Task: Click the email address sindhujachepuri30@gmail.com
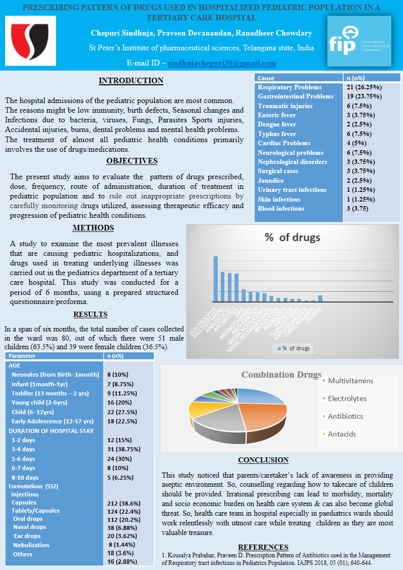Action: point(222,63)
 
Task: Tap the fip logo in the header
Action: point(359,41)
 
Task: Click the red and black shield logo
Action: point(30,41)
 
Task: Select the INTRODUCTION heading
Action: point(131,81)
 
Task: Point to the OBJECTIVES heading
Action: point(131,161)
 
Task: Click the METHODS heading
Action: point(93,228)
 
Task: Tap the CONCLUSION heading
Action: point(263,460)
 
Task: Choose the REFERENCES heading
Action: point(263,547)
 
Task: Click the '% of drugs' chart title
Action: point(292,237)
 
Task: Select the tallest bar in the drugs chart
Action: point(215,279)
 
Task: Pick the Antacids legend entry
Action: point(342,434)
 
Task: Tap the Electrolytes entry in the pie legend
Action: point(347,398)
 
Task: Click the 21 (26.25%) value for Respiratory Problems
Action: point(364,87)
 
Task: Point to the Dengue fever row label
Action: point(277,124)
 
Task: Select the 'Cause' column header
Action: point(266,78)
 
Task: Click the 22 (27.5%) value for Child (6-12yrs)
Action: point(122,412)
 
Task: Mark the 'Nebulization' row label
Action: point(31,545)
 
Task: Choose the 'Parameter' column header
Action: point(22,356)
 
